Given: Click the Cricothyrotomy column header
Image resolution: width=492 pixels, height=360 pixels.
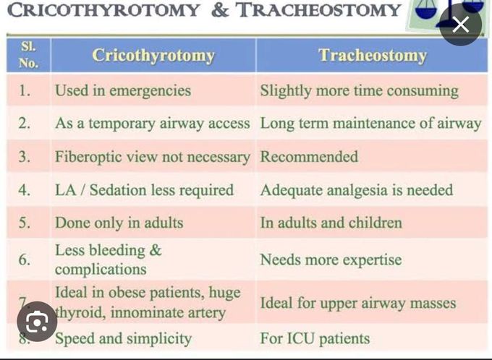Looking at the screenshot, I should point(153,56).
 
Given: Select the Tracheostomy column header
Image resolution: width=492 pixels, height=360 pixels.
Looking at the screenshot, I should point(372,56).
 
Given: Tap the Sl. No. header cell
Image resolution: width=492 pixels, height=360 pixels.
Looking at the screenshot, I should point(27,55).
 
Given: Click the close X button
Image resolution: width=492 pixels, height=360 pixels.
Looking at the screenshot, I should point(461,25).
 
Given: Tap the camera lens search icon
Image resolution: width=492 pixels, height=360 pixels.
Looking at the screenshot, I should point(36,321).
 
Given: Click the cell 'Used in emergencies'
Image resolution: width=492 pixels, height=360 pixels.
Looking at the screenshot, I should point(123,90).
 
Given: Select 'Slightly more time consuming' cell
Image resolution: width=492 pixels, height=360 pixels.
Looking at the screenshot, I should point(359,90).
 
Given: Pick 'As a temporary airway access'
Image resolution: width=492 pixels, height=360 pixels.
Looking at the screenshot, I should point(152,123).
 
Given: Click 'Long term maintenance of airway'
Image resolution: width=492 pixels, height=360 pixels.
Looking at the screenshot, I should point(370,123).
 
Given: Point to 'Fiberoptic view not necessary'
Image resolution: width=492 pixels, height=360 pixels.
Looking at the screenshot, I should point(152,156).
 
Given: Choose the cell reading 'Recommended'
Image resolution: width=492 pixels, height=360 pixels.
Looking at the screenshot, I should point(309,156).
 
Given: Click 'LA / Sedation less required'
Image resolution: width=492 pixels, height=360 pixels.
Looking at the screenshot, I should point(144,189).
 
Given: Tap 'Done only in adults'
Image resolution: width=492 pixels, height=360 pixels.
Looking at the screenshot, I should point(119,223).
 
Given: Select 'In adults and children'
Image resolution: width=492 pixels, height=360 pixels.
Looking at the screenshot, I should point(331,223).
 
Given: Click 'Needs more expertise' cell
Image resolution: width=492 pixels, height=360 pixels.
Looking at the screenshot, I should point(331,260).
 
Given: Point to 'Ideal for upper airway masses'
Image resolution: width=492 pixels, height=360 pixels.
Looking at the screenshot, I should point(358,303).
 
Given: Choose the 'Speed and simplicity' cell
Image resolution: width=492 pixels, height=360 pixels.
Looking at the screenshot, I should point(123,338).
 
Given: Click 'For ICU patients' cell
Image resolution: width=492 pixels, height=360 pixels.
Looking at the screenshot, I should point(315,338).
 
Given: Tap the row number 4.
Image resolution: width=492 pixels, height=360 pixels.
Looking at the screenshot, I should point(25,189).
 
